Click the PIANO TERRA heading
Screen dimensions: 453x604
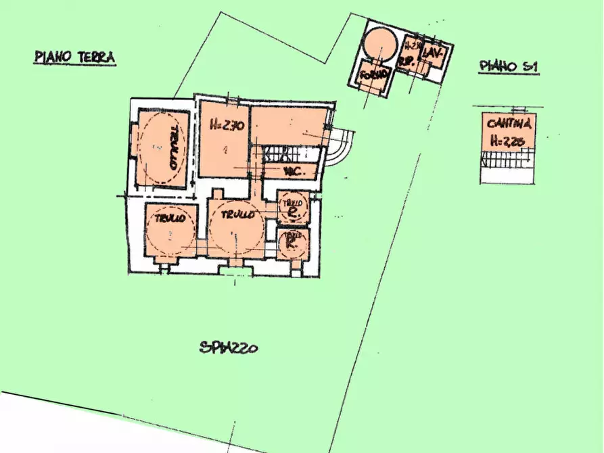[74, 57]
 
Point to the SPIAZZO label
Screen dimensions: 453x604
[229, 349]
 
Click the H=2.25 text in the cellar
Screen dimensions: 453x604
[509, 141]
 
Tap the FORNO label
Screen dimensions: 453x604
[374, 74]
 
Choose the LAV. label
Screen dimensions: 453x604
[433, 54]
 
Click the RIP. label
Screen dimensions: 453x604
[408, 62]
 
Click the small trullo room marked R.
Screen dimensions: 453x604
[293, 244]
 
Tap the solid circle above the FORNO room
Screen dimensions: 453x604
[377, 43]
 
